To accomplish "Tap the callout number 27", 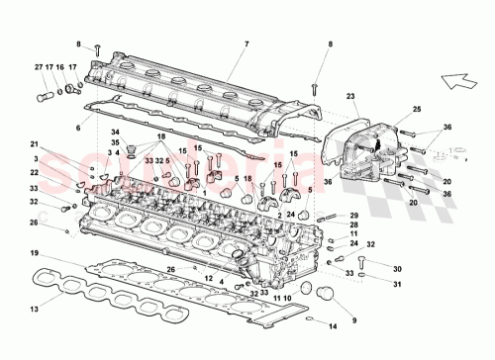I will [40, 68].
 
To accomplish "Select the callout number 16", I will [60, 68].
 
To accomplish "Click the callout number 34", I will [115, 133].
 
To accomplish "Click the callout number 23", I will [350, 96].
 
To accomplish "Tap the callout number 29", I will [354, 215].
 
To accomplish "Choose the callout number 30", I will [369, 269].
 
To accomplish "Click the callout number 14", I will [333, 325].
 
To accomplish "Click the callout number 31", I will [369, 287].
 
